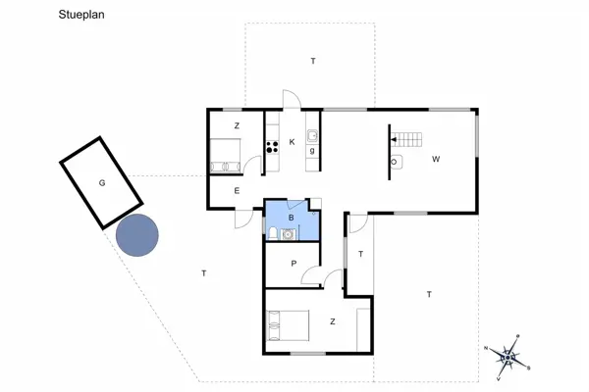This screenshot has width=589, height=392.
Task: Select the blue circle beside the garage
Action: (x=137, y=234)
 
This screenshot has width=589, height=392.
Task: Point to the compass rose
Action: (x=509, y=355)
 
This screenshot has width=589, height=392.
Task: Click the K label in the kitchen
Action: (x=292, y=142)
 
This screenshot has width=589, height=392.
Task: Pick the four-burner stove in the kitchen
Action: (x=272, y=148)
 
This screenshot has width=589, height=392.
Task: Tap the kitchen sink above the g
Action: (x=311, y=136)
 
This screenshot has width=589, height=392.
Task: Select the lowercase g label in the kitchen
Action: (x=312, y=151)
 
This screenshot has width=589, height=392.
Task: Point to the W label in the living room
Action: (x=435, y=158)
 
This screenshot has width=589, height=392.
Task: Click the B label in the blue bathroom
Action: (x=291, y=217)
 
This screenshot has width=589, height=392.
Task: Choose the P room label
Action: (x=294, y=263)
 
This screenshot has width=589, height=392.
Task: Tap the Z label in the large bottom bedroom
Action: (x=333, y=320)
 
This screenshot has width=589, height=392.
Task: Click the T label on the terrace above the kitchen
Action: (x=313, y=61)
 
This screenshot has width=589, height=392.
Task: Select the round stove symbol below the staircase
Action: (x=394, y=161)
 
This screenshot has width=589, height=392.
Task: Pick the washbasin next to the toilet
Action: (x=288, y=233)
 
